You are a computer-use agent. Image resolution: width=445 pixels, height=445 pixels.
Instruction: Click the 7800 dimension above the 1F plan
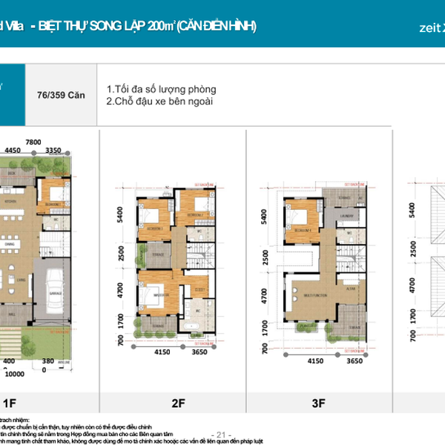(33, 141)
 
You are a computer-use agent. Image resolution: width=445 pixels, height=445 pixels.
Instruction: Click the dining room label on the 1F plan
(9, 242)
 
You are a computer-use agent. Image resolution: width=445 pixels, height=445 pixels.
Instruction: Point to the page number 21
(222, 434)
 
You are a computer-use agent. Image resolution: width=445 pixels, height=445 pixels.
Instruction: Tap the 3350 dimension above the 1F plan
(53, 151)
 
